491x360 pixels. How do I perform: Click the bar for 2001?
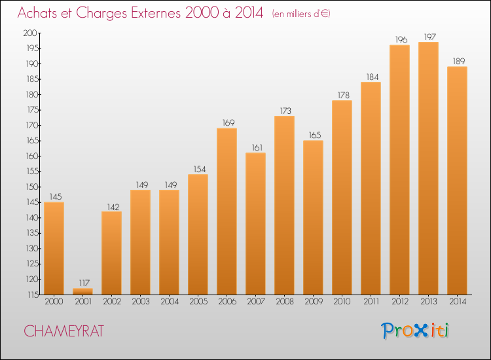pos(82,291)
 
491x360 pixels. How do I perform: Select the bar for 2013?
pos(428,168)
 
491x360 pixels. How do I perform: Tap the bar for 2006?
pos(227,211)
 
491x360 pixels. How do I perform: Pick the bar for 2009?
pos(313,217)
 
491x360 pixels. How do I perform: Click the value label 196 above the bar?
pos(401,40)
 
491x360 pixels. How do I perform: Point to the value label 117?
pos(84,283)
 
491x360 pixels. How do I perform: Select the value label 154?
pos(200,170)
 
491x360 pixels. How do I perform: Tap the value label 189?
pos(459,61)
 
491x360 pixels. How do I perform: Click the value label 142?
pos(113,207)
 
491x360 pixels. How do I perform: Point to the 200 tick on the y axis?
pos(30,33)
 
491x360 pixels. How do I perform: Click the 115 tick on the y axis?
pos(32,295)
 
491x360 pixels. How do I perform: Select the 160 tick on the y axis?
pos(32,156)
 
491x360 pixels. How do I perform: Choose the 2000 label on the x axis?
pos(54,302)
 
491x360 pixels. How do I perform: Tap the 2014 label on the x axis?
pos(458,302)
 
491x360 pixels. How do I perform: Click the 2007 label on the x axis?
pos(255,302)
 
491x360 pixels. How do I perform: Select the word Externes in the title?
pos(156,13)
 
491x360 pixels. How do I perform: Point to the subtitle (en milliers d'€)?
pos(301,14)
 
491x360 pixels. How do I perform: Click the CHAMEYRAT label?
pos(64,331)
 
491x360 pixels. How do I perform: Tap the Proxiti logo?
pos(415,331)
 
